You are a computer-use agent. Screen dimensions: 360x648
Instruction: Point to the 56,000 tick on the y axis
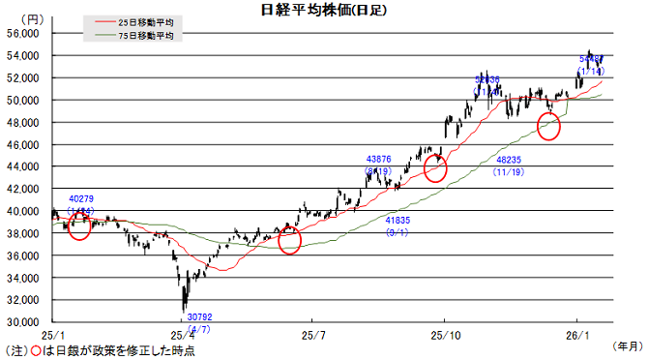coord(21,33)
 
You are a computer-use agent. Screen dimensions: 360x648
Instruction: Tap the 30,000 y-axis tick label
coord(21,321)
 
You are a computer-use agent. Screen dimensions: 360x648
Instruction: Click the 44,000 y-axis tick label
coord(21,166)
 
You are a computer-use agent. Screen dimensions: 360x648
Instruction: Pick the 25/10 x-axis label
coord(443,334)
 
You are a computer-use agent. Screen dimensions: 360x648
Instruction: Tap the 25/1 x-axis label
coord(52,334)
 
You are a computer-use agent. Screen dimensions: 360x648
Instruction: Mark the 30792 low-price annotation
coord(198,316)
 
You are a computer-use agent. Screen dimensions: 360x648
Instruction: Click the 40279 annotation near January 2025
coord(81,199)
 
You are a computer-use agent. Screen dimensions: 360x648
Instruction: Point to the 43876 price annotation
coord(378,159)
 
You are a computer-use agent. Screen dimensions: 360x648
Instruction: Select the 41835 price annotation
coord(398,221)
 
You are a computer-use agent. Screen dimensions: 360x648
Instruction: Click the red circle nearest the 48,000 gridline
coord(548,126)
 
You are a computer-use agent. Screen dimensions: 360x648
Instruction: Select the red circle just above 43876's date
coord(436,168)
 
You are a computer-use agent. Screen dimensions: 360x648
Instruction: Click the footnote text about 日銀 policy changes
coord(102,350)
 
